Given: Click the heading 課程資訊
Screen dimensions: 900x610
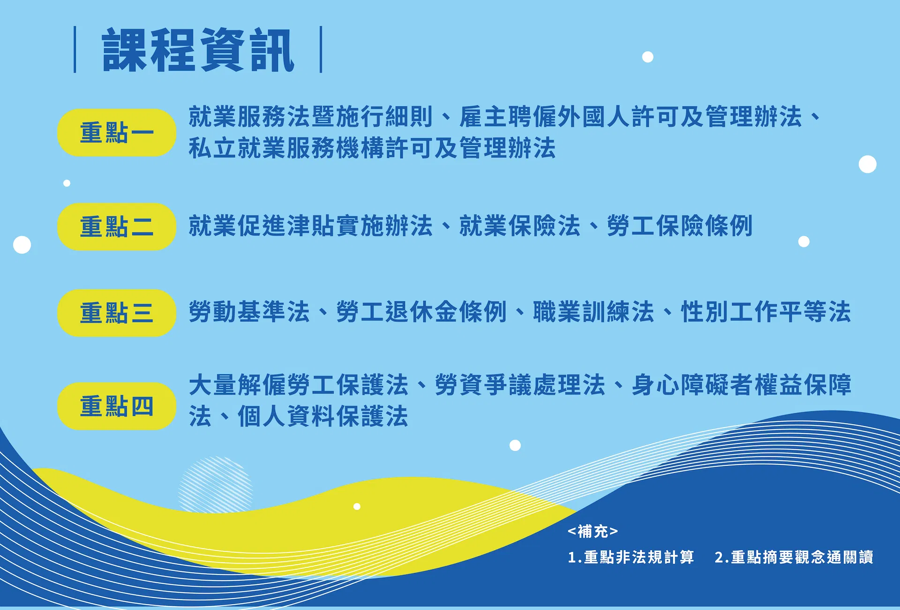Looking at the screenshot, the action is [198, 50].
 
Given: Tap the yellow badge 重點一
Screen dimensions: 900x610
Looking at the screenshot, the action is [117, 133].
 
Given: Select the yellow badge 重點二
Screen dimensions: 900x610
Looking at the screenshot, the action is [117, 227].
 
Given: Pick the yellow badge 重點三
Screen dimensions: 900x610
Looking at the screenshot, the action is [117, 313].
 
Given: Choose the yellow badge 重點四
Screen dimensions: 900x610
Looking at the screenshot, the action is [117, 406].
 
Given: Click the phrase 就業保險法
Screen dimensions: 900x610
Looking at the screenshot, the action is [520, 226].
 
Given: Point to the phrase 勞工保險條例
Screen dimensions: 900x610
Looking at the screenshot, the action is [680, 226].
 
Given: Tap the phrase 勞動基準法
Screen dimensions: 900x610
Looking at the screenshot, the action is [249, 312].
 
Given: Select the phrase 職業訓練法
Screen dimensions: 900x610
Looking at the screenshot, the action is [593, 312].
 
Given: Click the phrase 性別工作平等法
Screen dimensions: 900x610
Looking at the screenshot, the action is [765, 312].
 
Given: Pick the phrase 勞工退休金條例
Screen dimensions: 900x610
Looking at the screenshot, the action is [421, 312].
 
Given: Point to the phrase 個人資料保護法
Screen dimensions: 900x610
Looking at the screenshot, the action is [323, 416].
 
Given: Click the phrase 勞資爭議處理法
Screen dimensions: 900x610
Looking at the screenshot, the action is [520, 385].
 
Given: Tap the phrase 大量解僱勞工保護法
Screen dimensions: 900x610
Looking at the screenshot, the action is [299, 385].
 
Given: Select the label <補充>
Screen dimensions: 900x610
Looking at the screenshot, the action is [593, 531].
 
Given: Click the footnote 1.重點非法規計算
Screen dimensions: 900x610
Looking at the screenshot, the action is [631, 557].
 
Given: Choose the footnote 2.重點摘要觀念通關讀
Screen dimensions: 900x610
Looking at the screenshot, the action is [794, 557].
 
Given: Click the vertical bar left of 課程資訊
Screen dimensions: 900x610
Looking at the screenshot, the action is [75, 50].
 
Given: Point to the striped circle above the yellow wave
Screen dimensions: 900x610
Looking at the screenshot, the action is [216, 485].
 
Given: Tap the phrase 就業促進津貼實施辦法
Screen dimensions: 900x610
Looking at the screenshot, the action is [311, 226].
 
